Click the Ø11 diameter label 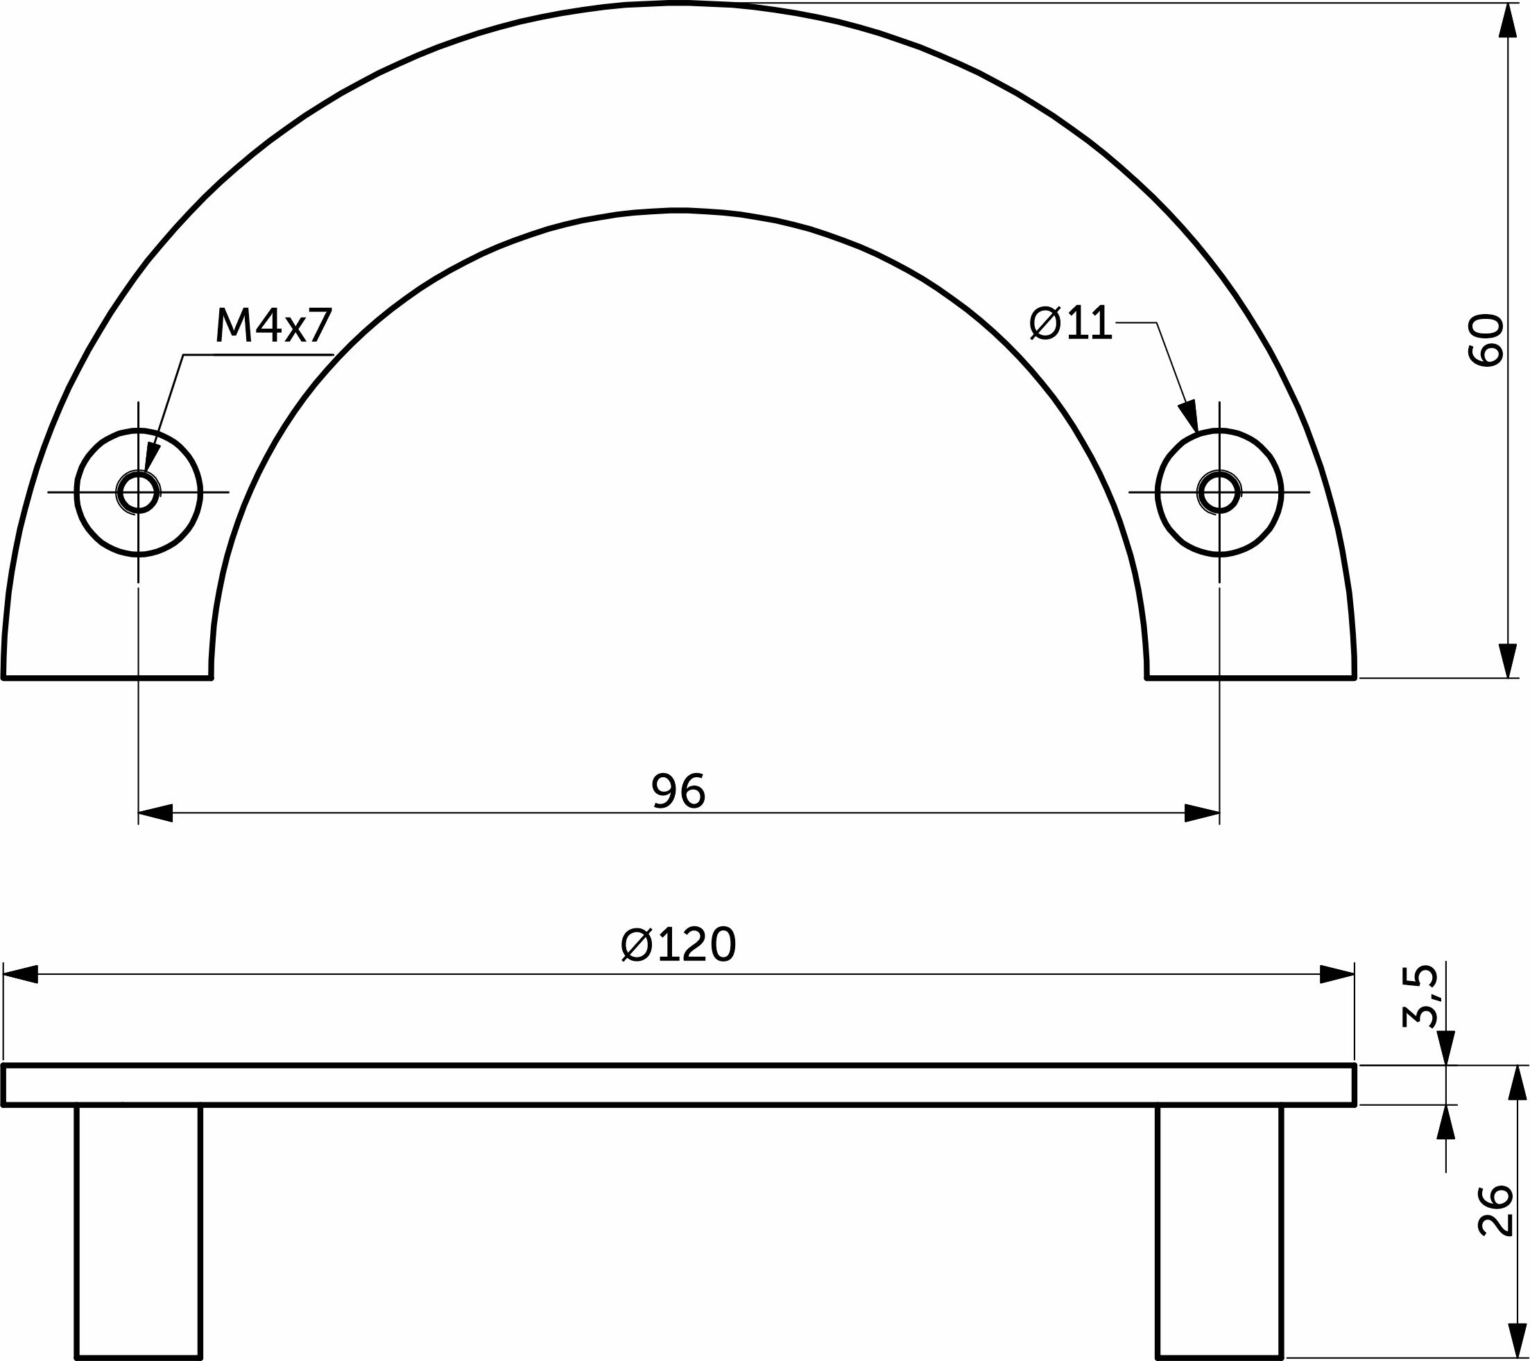pyautogui.click(x=1071, y=324)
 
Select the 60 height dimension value pyautogui.click(x=1486, y=340)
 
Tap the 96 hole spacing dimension pyautogui.click(x=678, y=792)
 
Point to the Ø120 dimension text pyautogui.click(x=679, y=944)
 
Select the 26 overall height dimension pyautogui.click(x=1496, y=1210)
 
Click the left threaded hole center pyautogui.click(x=139, y=492)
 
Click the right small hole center pyautogui.click(x=1219, y=492)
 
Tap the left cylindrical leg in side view pyautogui.click(x=139, y=1231)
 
